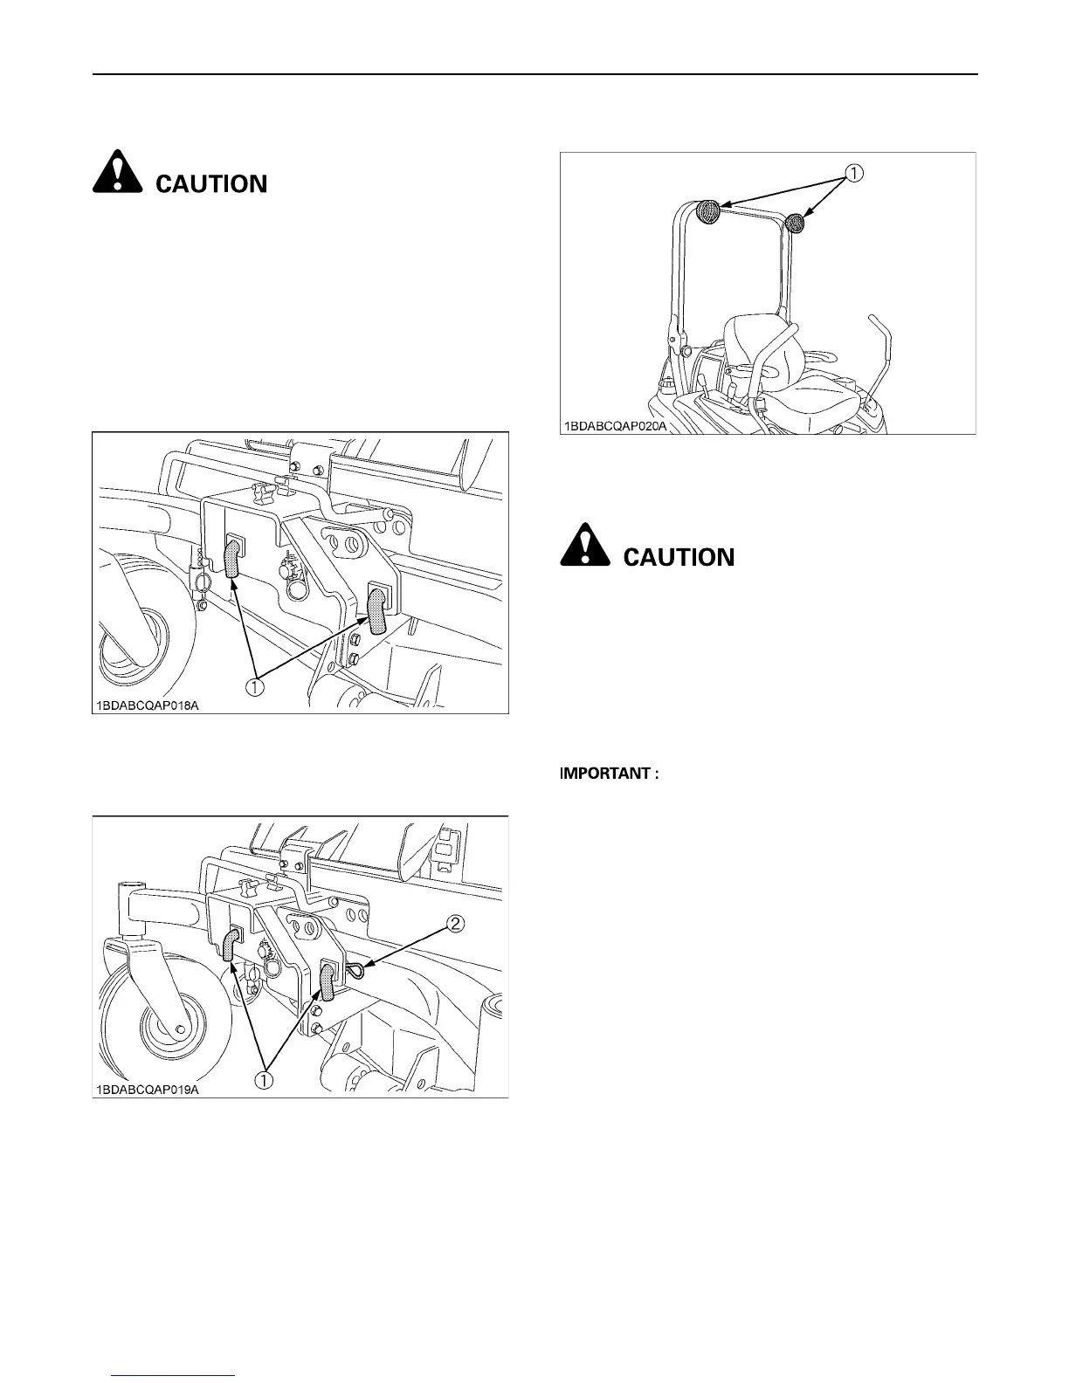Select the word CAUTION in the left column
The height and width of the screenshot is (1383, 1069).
tap(211, 183)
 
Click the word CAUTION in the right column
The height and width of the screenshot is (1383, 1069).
tap(679, 557)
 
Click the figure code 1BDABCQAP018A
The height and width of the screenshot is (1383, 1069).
tap(148, 705)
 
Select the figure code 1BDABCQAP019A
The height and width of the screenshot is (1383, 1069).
tap(148, 1089)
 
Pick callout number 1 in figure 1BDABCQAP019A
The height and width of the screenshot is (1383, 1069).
tap(263, 1079)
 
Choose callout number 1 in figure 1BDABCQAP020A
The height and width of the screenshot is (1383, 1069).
tap(853, 174)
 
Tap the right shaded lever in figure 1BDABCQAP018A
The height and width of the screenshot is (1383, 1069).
tap(376, 610)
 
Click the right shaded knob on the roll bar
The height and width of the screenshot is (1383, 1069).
tap(795, 224)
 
